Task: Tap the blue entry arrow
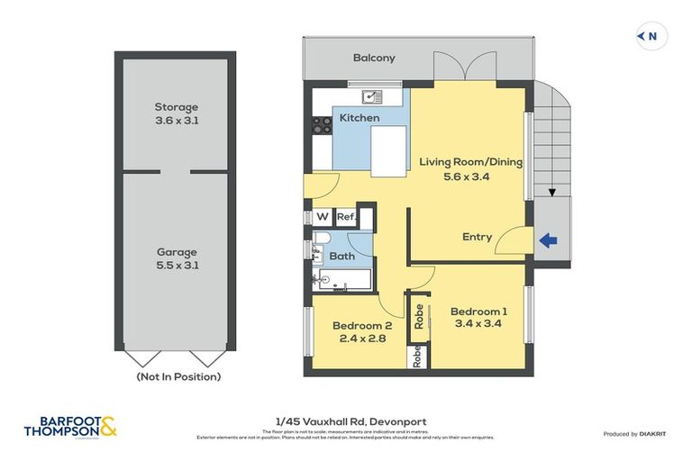547,240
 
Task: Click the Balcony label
373,59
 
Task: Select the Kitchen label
360,118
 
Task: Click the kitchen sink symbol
370,95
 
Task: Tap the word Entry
477,237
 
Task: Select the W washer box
321,217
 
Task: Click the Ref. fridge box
344,217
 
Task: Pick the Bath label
341,257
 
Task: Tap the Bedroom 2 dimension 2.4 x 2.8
361,340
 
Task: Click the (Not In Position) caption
178,377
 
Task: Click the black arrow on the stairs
552,191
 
